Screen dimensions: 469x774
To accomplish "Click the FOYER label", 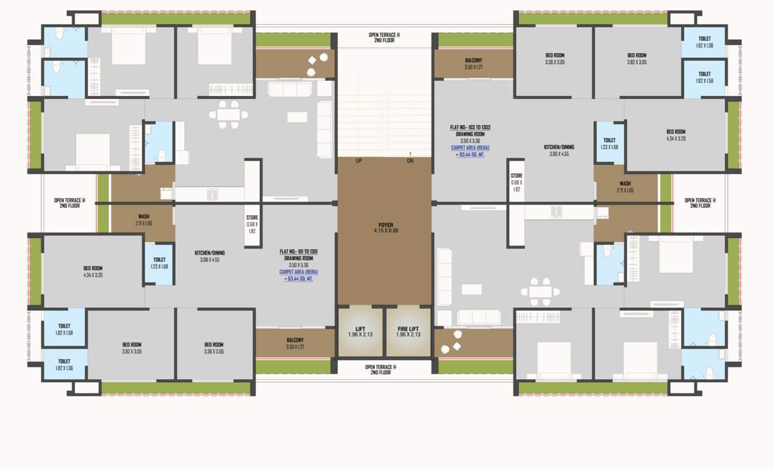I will pyautogui.click(x=385, y=227).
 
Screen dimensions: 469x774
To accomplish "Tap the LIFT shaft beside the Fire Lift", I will pyautogui.click(x=360, y=332).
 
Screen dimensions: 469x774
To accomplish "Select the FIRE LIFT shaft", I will pyautogui.click(x=408, y=332).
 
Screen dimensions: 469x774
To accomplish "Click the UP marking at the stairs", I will pyautogui.click(x=360, y=161).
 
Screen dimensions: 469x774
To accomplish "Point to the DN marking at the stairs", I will pyautogui.click(x=410, y=161).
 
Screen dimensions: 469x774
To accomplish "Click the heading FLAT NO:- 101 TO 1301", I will pyautogui.click(x=298, y=252).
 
